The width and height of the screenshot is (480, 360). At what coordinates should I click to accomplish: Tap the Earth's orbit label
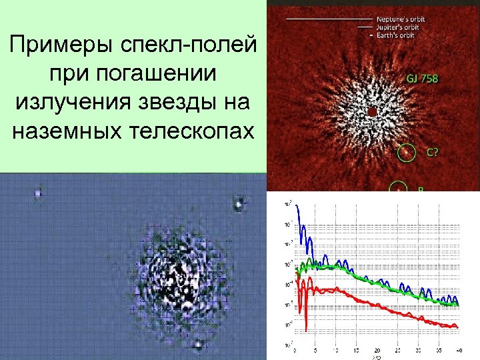(397, 35)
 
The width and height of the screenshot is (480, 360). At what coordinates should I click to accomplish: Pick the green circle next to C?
(405, 154)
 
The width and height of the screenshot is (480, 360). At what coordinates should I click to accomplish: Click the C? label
(432, 153)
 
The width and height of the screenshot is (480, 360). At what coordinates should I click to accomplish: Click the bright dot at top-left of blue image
(37, 193)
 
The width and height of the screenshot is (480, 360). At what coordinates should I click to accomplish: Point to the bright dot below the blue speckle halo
(197, 345)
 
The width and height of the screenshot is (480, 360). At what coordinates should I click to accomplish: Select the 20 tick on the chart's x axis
(377, 349)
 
